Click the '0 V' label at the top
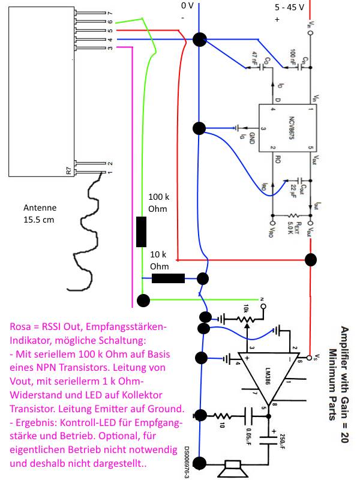tap(188, 5)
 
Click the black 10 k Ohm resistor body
tap(168, 278)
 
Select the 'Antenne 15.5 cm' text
tap(40, 214)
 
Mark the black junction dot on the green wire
tap(143, 299)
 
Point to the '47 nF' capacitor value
tap(254, 58)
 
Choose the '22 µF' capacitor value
tap(293, 188)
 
